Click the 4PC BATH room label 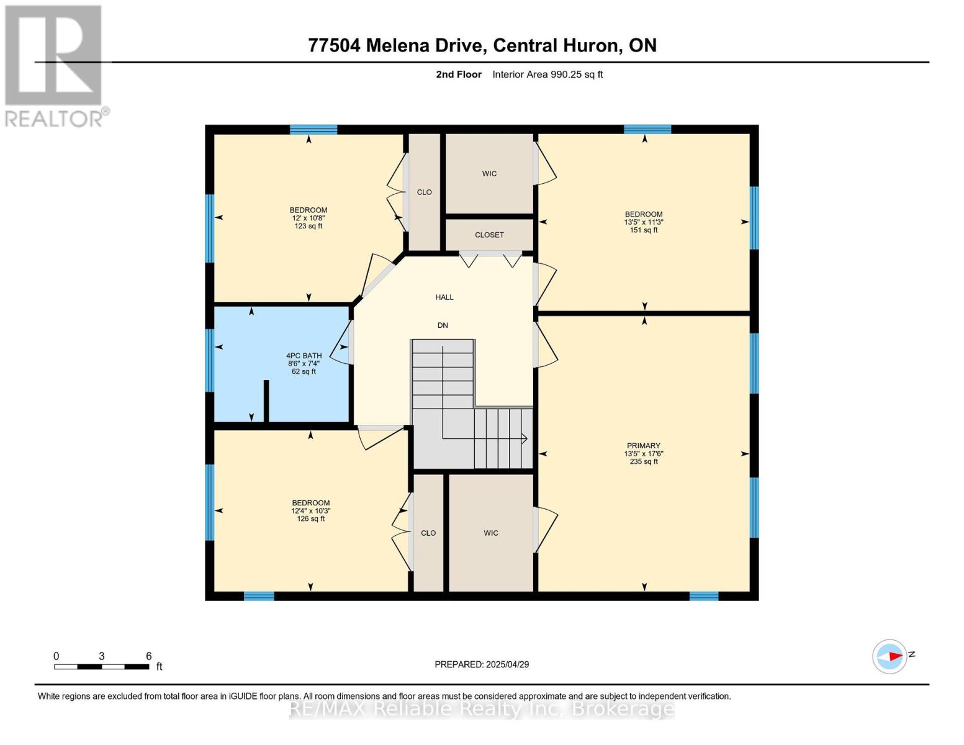304,356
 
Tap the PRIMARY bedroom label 643,446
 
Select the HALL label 444,297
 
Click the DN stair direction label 443,325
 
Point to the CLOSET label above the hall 489,235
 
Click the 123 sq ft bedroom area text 309,227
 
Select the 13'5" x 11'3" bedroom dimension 644,222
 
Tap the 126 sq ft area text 310,519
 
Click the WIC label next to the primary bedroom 491,533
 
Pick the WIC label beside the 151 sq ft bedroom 489,174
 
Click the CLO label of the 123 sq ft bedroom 425,192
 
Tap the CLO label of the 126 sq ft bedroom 428,533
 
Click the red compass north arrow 894,656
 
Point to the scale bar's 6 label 149,656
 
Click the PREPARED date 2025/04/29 507,665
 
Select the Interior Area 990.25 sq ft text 547,74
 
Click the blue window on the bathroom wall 210,360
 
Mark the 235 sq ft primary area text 644,462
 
